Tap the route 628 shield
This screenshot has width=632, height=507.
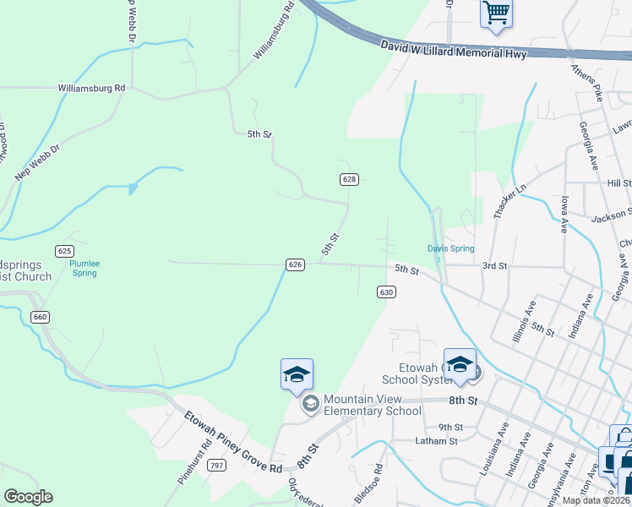pyautogui.click(x=350, y=179)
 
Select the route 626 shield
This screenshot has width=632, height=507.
pyautogui.click(x=295, y=264)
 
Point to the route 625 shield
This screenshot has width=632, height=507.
pyautogui.click(x=64, y=250)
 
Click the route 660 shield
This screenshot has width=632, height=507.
pyautogui.click(x=40, y=317)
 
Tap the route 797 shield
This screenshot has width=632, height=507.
pyautogui.click(x=216, y=466)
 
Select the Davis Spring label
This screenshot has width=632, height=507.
pyautogui.click(x=450, y=248)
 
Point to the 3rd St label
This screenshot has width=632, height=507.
pyautogui.click(x=494, y=265)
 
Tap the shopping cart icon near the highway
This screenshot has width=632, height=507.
pyautogui.click(x=496, y=13)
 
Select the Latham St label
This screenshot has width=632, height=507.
pyautogui.click(x=436, y=440)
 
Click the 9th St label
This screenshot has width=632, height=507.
pyautogui.click(x=451, y=427)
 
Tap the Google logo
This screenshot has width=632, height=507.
pyautogui.click(x=28, y=497)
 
